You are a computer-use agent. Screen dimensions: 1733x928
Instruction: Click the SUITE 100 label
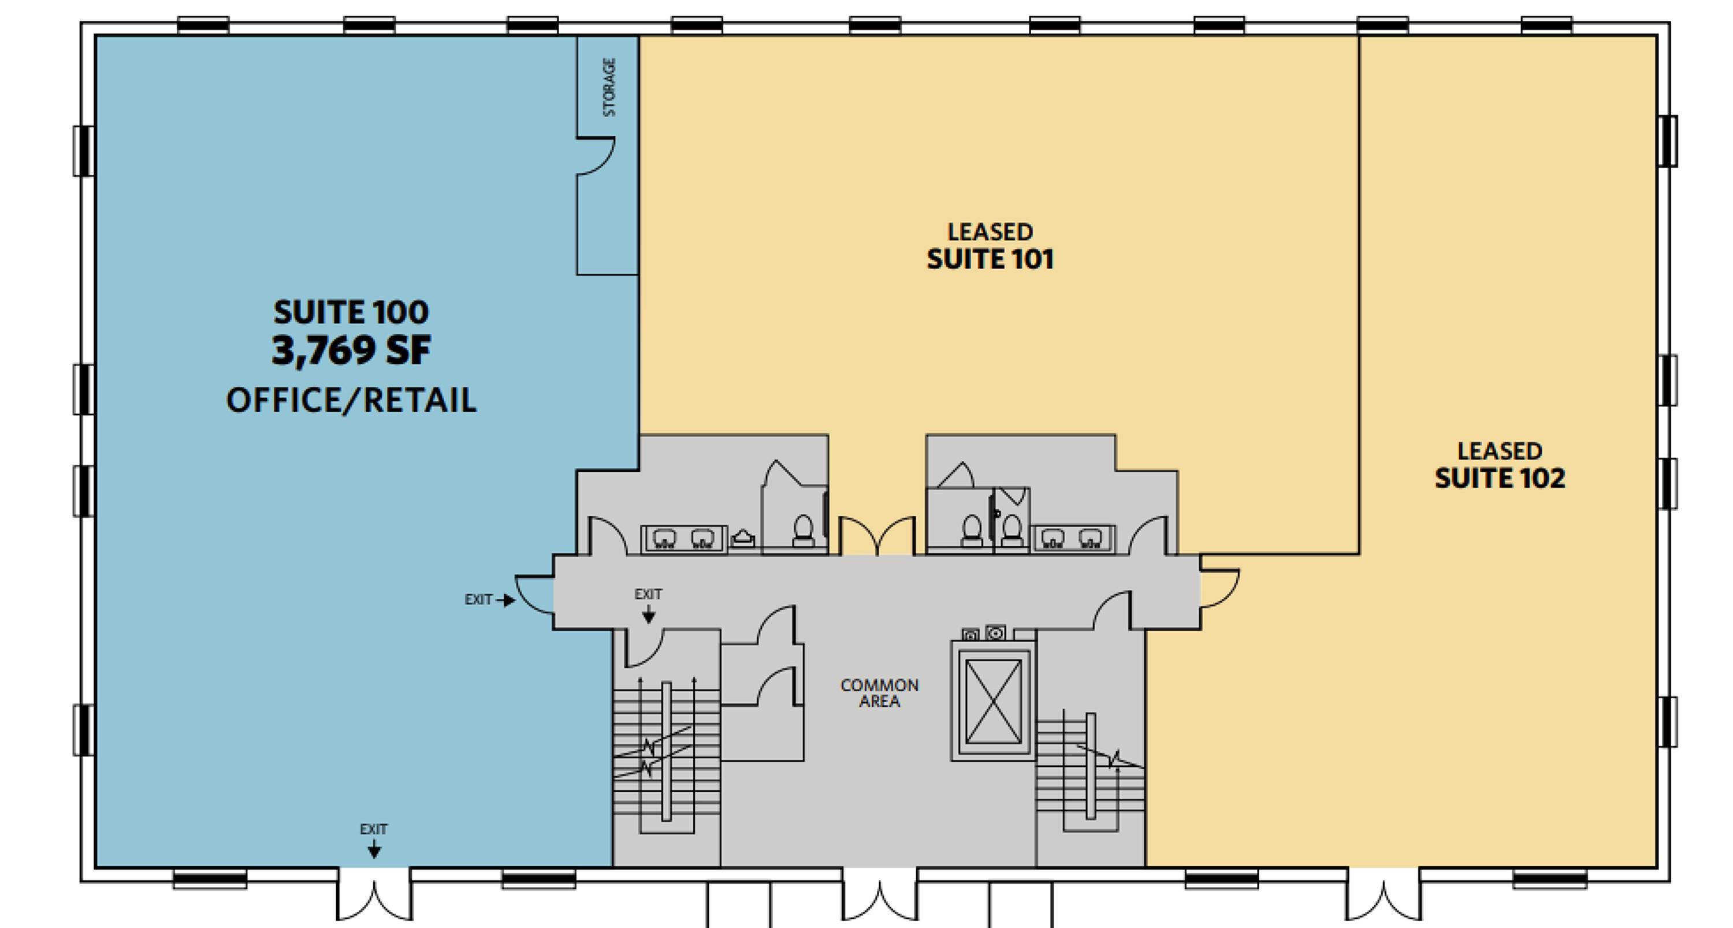click(x=351, y=312)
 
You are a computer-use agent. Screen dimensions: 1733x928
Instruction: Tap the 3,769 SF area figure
click(x=351, y=350)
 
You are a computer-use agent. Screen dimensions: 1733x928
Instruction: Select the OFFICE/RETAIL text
click(x=351, y=400)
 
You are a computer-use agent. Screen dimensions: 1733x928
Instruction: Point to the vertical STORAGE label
click(x=609, y=87)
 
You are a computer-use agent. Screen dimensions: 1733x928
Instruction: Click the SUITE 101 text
click(x=990, y=259)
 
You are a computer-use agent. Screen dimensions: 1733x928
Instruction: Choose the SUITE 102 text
click(x=1500, y=478)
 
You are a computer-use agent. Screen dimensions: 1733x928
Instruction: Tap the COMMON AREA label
click(x=879, y=692)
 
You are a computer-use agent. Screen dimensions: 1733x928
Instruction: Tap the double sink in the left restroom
click(x=684, y=539)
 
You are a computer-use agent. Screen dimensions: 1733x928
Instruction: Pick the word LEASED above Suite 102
click(x=1500, y=450)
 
